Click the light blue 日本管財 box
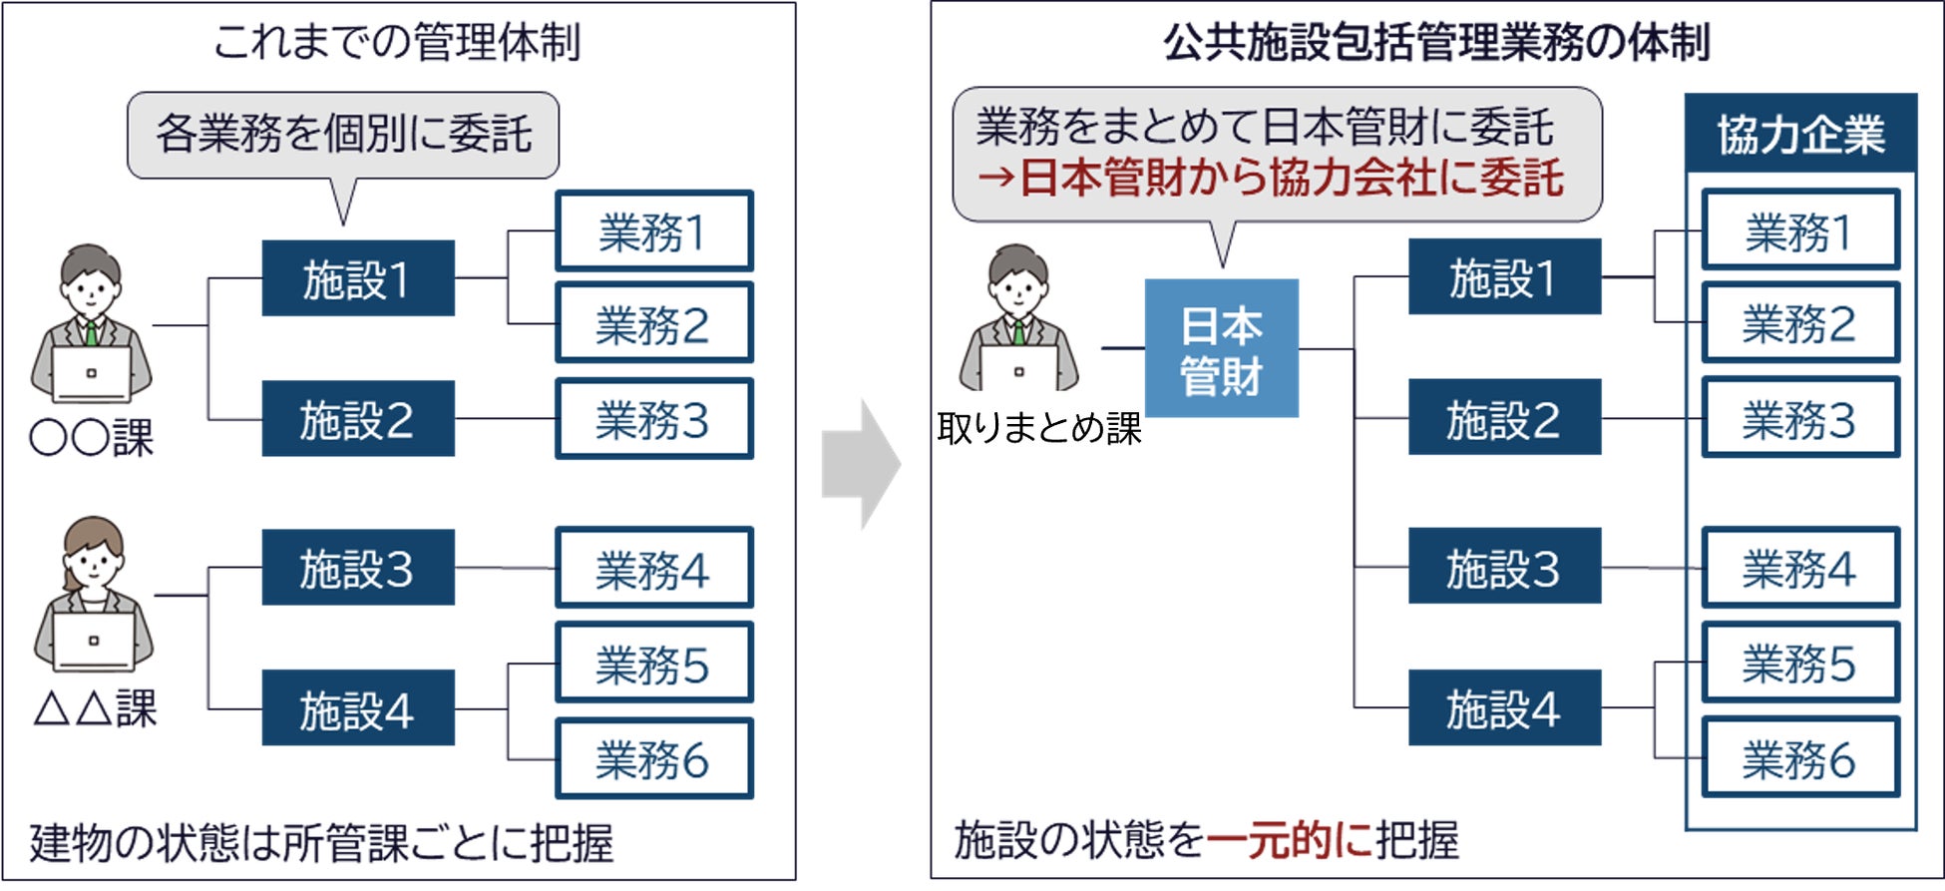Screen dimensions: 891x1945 1221,348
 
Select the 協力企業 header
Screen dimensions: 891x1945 1800,134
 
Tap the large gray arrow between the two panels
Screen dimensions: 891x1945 861,464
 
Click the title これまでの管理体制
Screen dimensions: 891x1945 397,43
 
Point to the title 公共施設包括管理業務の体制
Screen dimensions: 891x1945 1436,43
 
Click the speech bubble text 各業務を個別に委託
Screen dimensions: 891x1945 343,134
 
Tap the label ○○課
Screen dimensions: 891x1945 92,438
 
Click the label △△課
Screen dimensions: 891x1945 95,708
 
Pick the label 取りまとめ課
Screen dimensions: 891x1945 1038,428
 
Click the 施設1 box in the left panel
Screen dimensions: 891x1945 357,278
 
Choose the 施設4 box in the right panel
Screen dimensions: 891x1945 1503,708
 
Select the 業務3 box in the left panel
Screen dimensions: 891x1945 653,419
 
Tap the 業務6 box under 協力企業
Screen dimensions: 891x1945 1799,759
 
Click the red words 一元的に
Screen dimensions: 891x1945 1290,839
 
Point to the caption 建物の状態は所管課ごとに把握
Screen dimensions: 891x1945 321,843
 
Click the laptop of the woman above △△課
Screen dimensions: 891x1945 93,641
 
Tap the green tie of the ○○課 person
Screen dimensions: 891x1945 91,332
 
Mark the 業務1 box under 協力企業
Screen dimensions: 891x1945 1799,230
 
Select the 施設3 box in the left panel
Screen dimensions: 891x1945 357,568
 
